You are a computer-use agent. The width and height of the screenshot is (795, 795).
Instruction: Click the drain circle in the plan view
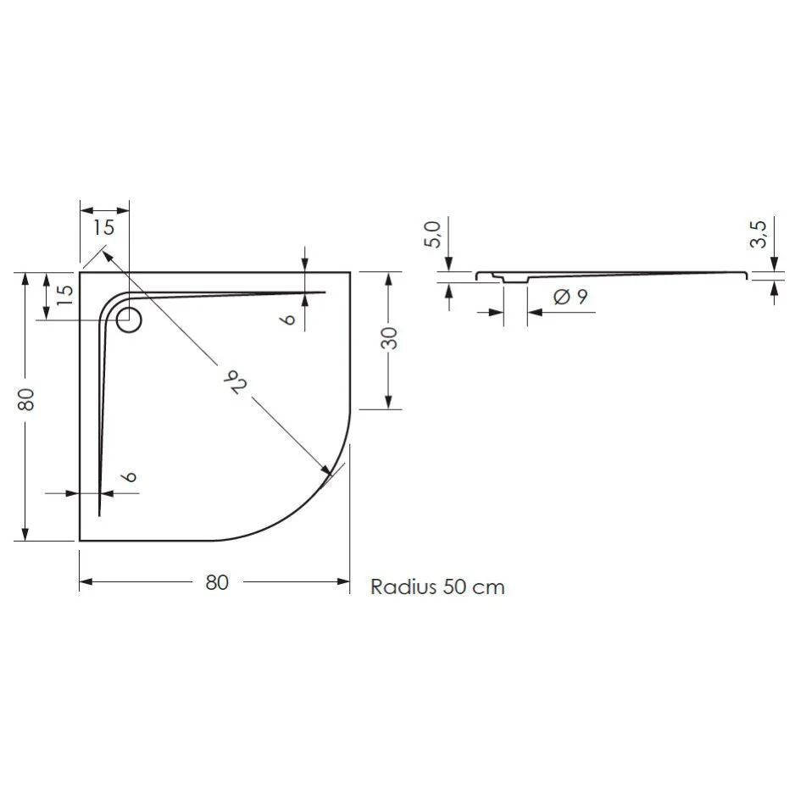pyautogui.click(x=129, y=321)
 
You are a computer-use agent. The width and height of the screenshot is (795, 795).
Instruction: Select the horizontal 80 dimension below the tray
pyautogui.click(x=217, y=582)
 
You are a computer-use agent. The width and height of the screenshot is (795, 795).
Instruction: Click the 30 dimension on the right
pyautogui.click(x=387, y=339)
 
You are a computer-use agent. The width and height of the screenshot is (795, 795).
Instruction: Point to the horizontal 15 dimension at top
pyautogui.click(x=103, y=226)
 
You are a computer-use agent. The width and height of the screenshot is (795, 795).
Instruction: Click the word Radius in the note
pyautogui.click(x=403, y=587)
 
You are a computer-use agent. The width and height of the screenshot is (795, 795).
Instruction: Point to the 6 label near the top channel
pyautogui.click(x=288, y=318)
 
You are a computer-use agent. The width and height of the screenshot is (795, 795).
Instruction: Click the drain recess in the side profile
pyautogui.click(x=514, y=279)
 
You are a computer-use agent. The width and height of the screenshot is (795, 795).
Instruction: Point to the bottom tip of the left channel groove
pyautogui.click(x=99, y=514)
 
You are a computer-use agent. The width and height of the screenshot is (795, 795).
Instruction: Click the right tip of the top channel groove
pyautogui.click(x=325, y=292)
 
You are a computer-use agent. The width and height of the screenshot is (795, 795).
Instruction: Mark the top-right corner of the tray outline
pyautogui.click(x=350, y=273)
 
